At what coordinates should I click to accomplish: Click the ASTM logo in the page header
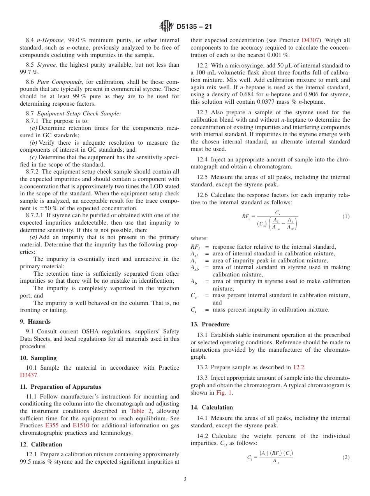[x=166, y=27]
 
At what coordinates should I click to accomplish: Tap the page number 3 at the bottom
[x=185, y=479]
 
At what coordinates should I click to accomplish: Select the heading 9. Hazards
[x=35, y=322]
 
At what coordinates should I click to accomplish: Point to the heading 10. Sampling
[x=38, y=358]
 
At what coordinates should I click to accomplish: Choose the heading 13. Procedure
[x=210, y=324]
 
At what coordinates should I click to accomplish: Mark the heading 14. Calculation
[x=211, y=407]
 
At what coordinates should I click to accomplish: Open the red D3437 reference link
[x=29, y=375]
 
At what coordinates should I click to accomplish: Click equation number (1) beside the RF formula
[x=346, y=216]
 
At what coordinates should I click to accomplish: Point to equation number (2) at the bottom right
[x=346, y=457]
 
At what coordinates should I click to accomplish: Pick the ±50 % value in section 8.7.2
[x=46, y=208]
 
